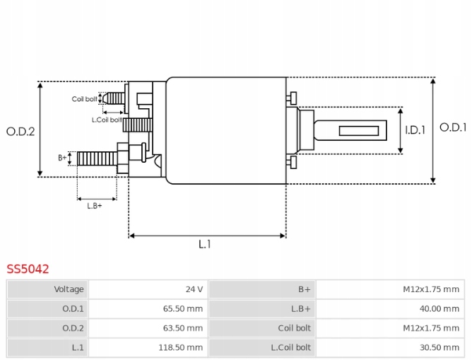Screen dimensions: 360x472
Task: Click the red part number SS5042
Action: pyautogui.click(x=28, y=269)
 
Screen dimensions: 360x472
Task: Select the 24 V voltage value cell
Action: pyautogui.click(x=194, y=289)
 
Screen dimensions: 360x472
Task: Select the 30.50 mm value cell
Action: pyautogui.click(x=440, y=347)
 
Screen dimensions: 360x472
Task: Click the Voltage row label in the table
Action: pyautogui.click(x=69, y=289)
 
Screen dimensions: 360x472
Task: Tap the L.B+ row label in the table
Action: pyautogui.click(x=300, y=308)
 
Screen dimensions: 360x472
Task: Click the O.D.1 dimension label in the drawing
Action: pyautogui.click(x=453, y=127)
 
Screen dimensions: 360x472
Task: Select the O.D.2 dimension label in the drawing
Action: pyautogui.click(x=20, y=131)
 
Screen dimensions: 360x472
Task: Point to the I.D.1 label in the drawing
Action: pyautogui.click(x=415, y=130)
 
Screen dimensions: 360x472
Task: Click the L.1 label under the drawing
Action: pyautogui.click(x=204, y=245)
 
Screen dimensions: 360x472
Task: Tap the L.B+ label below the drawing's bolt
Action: pyautogui.click(x=94, y=206)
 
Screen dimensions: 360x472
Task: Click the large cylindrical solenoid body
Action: pyautogui.click(x=225, y=131)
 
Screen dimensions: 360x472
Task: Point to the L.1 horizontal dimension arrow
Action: pyautogui.click(x=207, y=235)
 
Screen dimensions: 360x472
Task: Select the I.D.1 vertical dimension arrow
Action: pyautogui.click(x=401, y=130)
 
